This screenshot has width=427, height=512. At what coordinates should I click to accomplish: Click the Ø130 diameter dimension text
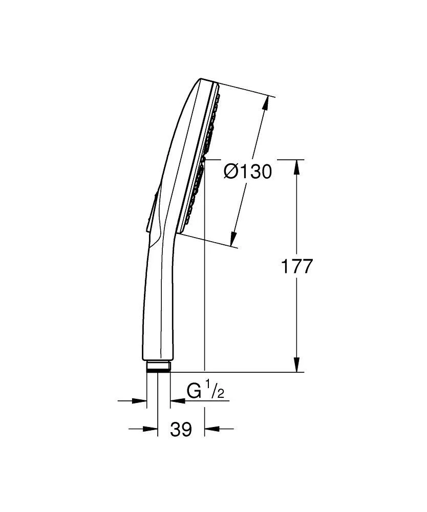[248, 172]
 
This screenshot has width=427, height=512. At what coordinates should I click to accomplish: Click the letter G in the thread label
[194, 392]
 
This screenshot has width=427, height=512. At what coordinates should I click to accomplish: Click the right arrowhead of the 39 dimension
[210, 429]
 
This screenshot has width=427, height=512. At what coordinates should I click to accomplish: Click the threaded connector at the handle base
[158, 366]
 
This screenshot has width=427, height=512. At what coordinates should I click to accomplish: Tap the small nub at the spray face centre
[204, 159]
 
